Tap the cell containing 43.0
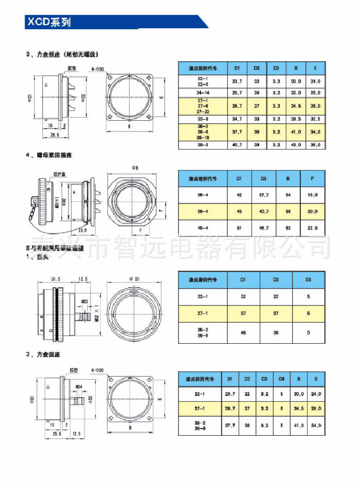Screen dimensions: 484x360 coord(296,145)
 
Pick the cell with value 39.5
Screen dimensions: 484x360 coord(296,119)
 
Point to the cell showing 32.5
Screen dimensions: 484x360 coord(315,119)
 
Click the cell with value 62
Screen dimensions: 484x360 coord(287,227)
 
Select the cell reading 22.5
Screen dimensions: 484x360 coord(312,227)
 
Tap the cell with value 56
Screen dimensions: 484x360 coord(287,211)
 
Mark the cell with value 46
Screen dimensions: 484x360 coord(243,332)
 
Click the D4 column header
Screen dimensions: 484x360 coord(281,379)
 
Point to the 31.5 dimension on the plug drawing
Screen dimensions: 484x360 coord(56,278)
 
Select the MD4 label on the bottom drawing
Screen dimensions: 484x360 coord(79,387)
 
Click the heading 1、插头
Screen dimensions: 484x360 coord(38,257)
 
